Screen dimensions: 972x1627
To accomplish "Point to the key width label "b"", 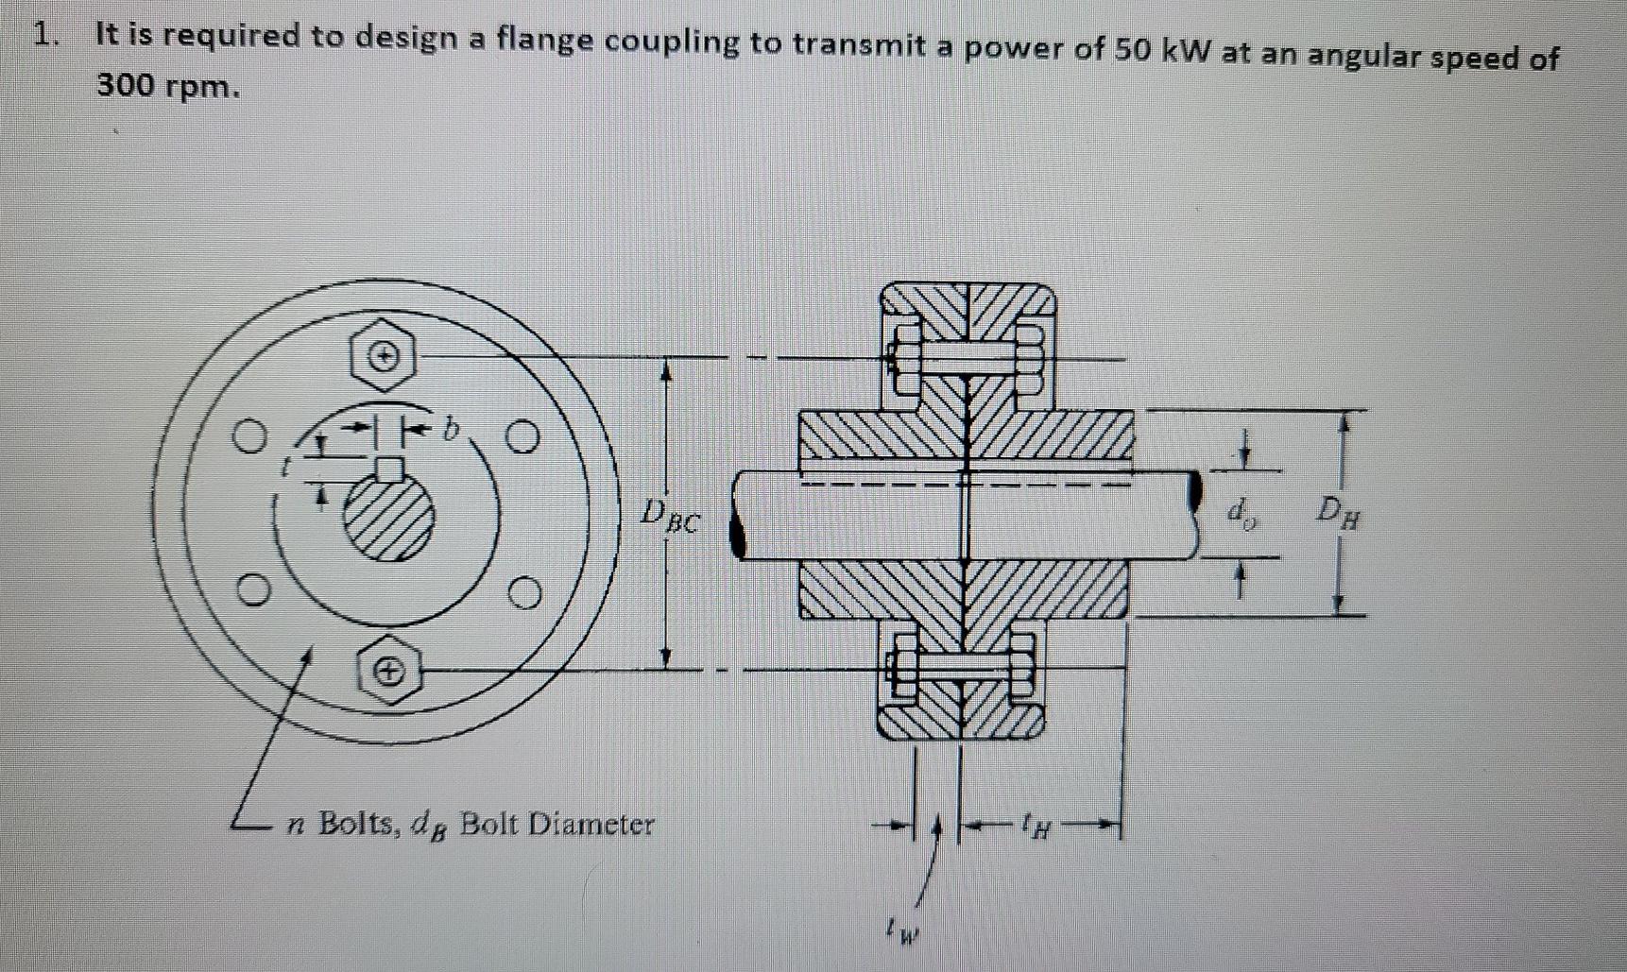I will [452, 431].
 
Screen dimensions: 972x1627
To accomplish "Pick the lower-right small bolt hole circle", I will [525, 594].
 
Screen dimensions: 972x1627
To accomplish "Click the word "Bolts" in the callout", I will [359, 824].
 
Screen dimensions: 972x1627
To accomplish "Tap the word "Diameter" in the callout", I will [590, 825].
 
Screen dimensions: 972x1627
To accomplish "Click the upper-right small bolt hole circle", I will [522, 438].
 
